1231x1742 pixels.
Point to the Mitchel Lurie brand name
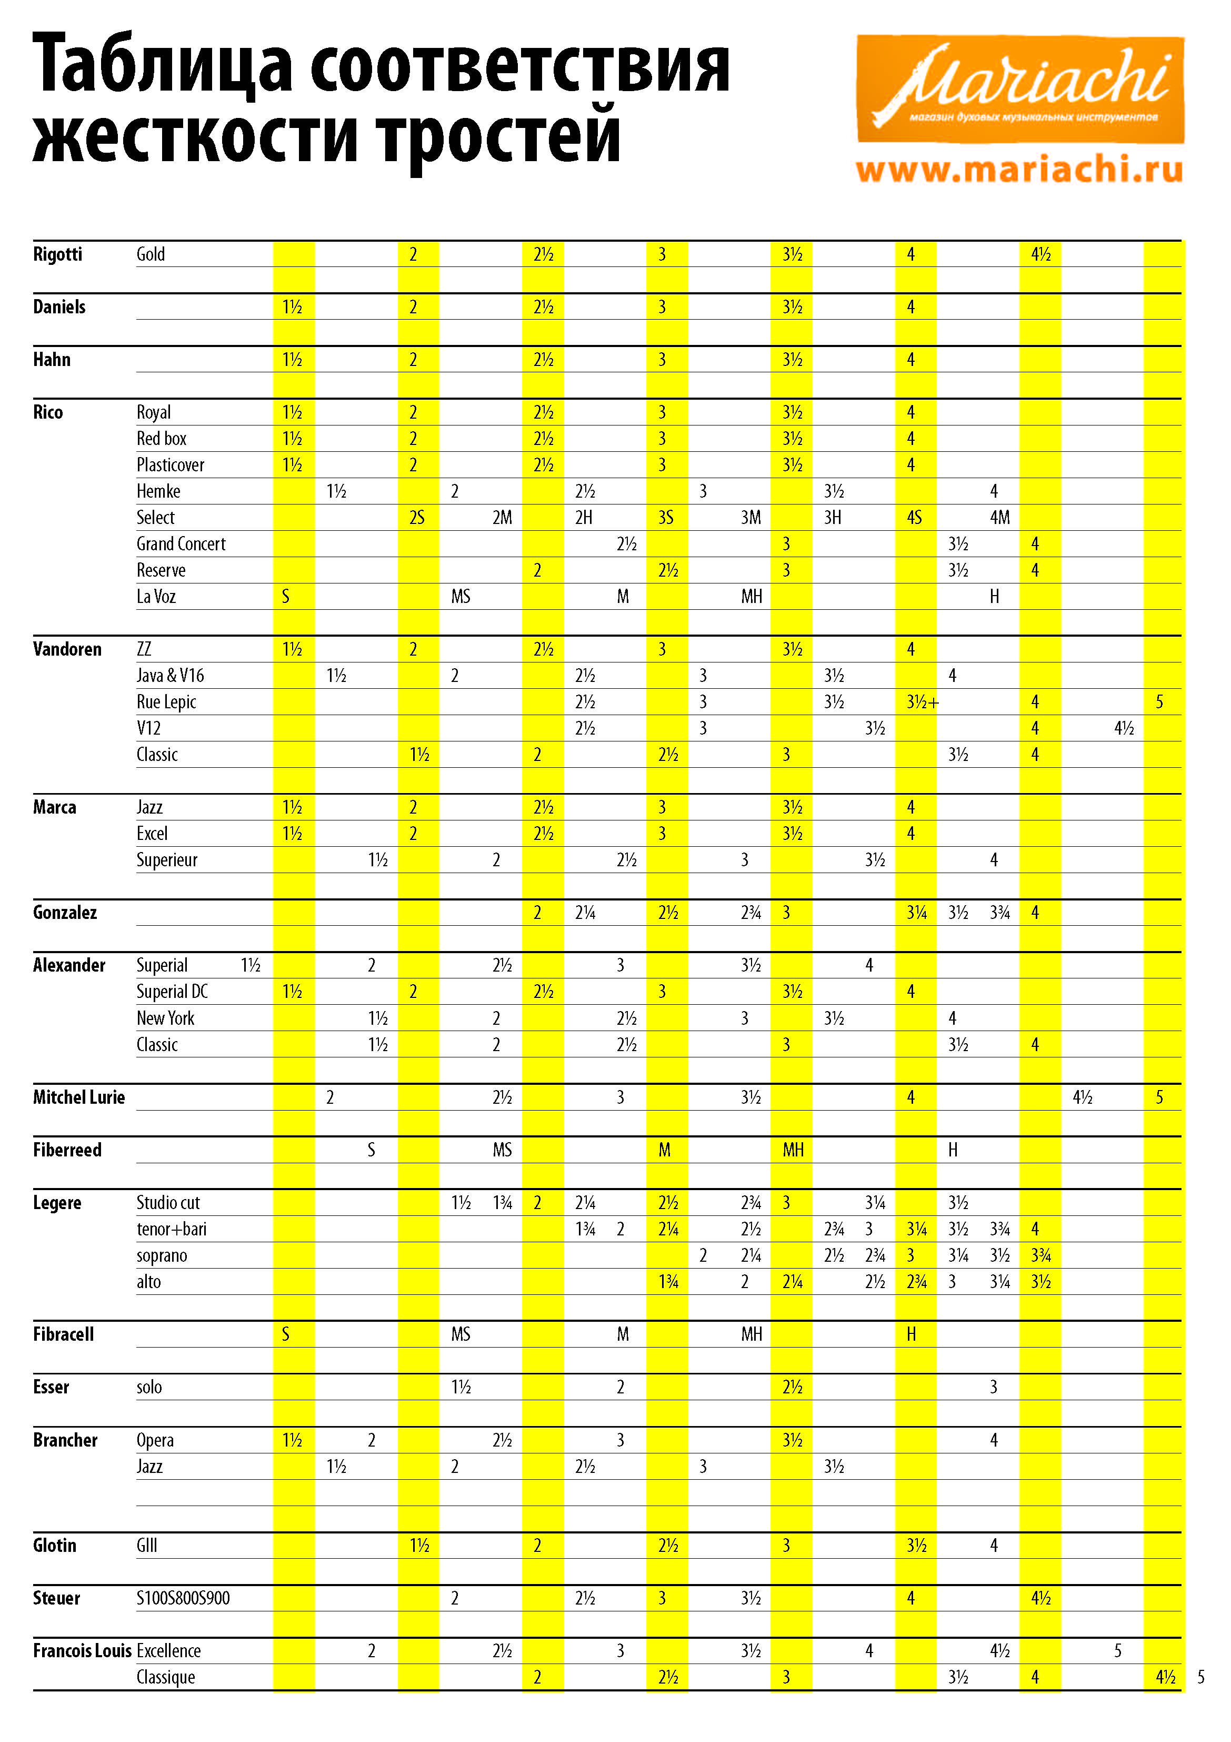[x=79, y=1097]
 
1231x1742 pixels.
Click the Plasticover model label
[x=170, y=464]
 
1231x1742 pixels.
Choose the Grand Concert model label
[x=181, y=543]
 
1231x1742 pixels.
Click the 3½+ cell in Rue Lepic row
[x=922, y=702]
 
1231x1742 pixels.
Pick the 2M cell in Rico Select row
[x=502, y=518]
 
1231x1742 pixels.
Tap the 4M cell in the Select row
[x=999, y=518]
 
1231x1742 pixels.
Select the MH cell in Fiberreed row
[x=793, y=1150]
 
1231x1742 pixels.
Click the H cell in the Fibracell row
[x=911, y=1334]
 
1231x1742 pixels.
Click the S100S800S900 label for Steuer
[x=183, y=1598]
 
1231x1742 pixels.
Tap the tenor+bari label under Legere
[x=172, y=1229]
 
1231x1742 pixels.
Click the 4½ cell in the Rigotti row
[x=1040, y=254]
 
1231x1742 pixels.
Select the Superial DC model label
[x=172, y=991]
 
